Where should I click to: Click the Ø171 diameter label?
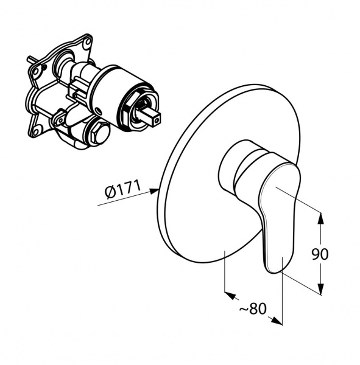[x=123, y=189]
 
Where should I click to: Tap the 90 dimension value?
[x=320, y=254]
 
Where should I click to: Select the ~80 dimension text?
[x=253, y=308]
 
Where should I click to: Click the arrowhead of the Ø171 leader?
[x=154, y=191]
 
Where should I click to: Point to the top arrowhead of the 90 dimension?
[x=321, y=218]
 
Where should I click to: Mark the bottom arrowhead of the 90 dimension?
[x=321, y=289]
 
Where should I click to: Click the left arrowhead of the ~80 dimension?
[x=230, y=295]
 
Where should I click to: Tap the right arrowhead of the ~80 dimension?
[x=277, y=321]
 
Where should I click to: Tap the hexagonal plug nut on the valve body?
[x=100, y=133]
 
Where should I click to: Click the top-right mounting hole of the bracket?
[x=88, y=42]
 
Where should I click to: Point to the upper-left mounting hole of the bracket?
[x=35, y=71]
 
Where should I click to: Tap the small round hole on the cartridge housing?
[x=98, y=110]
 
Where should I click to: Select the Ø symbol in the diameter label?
[x=110, y=193]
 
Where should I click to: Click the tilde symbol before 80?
[x=244, y=309]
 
